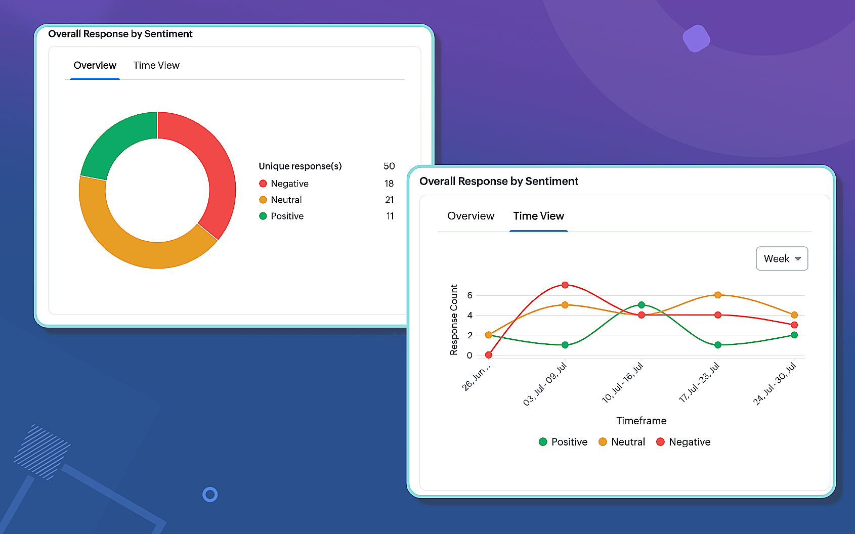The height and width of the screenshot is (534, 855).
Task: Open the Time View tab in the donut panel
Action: [x=156, y=65]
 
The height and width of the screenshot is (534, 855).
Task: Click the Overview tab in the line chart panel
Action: [x=471, y=216]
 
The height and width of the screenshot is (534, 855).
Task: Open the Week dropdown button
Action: [x=782, y=258]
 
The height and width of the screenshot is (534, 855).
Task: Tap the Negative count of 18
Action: [x=389, y=184]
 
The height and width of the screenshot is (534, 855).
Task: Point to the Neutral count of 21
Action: [x=389, y=200]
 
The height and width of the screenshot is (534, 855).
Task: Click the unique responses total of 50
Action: [x=389, y=166]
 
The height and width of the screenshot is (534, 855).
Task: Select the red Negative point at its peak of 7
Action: [x=565, y=285]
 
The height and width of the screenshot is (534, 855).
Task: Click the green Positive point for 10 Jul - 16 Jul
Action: [x=642, y=305]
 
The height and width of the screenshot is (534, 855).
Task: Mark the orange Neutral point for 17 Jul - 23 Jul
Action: [x=718, y=295]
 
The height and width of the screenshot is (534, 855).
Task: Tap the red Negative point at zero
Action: [x=489, y=355]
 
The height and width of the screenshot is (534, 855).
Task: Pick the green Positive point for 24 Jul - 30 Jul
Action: [x=794, y=335]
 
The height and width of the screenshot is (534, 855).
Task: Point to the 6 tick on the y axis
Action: [x=470, y=295]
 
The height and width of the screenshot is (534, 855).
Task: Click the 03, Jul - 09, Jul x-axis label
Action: [x=545, y=384]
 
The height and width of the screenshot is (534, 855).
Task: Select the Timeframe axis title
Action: [x=641, y=421]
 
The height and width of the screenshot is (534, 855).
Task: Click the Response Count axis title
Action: [x=454, y=320]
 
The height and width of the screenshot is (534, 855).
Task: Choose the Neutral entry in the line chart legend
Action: [x=622, y=442]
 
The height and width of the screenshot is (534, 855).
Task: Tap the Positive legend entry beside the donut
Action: [x=286, y=216]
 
